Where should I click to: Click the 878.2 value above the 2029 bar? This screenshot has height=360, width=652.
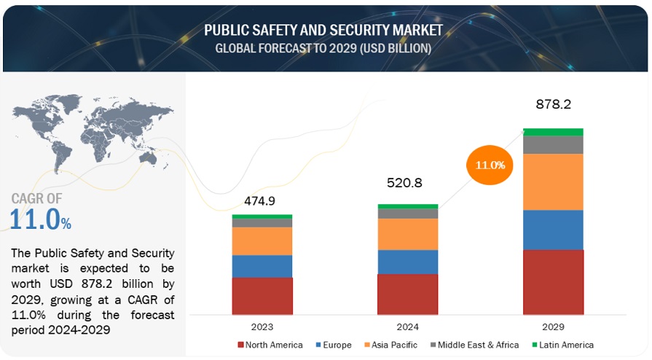coord(553,105)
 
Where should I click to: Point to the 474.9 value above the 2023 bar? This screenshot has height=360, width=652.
coord(262,200)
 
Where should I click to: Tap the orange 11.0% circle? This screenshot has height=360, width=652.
coord(490,165)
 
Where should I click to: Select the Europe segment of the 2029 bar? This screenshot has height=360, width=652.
coord(553,230)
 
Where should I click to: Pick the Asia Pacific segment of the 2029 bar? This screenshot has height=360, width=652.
coord(553,181)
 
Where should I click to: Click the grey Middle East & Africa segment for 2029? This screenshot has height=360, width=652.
coord(553,144)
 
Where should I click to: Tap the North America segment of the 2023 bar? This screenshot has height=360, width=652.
coord(262,296)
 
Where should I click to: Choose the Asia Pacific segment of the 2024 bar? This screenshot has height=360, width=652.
coord(407,234)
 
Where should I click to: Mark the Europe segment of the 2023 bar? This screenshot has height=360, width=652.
coord(262,266)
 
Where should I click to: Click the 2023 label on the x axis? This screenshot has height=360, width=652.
coord(262,326)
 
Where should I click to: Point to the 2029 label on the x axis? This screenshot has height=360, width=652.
coord(553,326)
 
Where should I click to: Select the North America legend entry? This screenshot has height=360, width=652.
coord(271,345)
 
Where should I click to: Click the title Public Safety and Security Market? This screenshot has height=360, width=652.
coord(323,31)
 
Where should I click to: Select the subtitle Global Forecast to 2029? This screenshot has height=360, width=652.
coord(323,48)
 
